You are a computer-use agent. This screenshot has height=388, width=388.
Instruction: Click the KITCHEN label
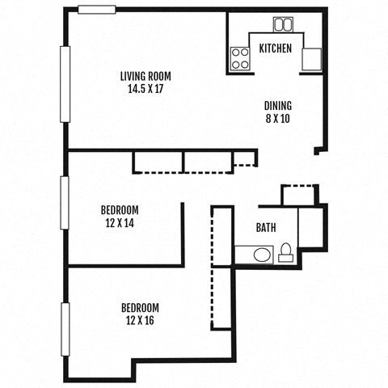tap(275, 48)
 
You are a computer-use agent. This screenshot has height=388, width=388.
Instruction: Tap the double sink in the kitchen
tap(283, 24)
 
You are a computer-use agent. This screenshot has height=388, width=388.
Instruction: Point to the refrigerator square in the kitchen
tap(311, 59)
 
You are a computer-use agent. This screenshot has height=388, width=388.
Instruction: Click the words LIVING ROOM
tap(145, 77)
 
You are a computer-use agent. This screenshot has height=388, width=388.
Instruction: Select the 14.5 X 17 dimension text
tap(145, 89)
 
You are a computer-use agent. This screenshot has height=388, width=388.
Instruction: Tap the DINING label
tap(278, 106)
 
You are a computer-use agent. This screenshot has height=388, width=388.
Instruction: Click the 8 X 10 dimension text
tap(278, 118)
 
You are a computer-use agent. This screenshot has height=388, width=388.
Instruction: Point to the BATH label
tap(267, 228)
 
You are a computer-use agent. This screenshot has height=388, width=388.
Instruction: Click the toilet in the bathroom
tap(285, 254)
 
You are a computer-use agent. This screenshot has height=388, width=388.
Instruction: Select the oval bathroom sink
tap(262, 255)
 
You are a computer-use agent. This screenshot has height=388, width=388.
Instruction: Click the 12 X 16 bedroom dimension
tap(139, 320)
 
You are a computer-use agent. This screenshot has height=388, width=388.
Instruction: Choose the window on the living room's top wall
tap(96, 10)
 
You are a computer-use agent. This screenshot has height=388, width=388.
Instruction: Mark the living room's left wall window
tap(65, 84)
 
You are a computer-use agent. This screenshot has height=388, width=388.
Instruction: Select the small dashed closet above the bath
tap(297, 195)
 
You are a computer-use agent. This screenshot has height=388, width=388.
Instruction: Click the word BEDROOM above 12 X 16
tap(139, 308)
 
